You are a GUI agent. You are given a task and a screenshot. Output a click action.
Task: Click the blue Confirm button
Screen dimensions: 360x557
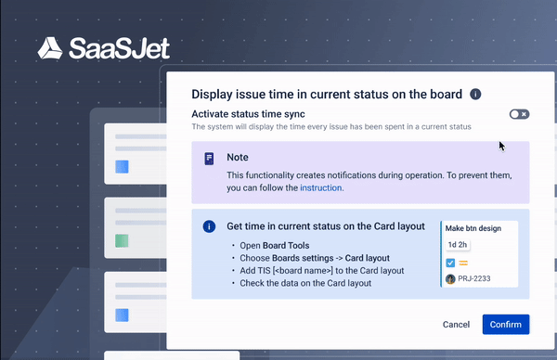[505, 325]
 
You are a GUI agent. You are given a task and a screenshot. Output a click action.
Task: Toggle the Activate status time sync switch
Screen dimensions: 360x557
[519, 114]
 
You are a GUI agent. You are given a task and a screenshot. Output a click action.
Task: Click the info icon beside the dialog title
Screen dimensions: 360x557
[475, 94]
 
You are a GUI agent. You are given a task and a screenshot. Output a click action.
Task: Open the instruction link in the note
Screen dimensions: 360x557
[320, 187]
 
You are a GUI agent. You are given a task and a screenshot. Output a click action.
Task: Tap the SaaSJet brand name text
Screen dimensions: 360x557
[117, 48]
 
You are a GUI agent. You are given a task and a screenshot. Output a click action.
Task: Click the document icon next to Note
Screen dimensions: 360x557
[209, 159]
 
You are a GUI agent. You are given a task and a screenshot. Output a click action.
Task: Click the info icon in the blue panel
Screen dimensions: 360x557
[209, 226]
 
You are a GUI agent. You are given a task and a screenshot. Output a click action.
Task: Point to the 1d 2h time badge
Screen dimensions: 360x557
[457, 245]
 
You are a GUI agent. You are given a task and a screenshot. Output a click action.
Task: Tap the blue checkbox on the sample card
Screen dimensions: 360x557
[450, 263]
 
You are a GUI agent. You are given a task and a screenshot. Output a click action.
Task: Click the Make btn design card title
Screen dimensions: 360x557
[474, 227]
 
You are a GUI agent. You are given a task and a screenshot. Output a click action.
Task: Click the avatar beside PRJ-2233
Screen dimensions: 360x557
[450, 278]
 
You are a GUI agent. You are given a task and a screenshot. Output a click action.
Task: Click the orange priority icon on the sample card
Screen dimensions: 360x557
[462, 263]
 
